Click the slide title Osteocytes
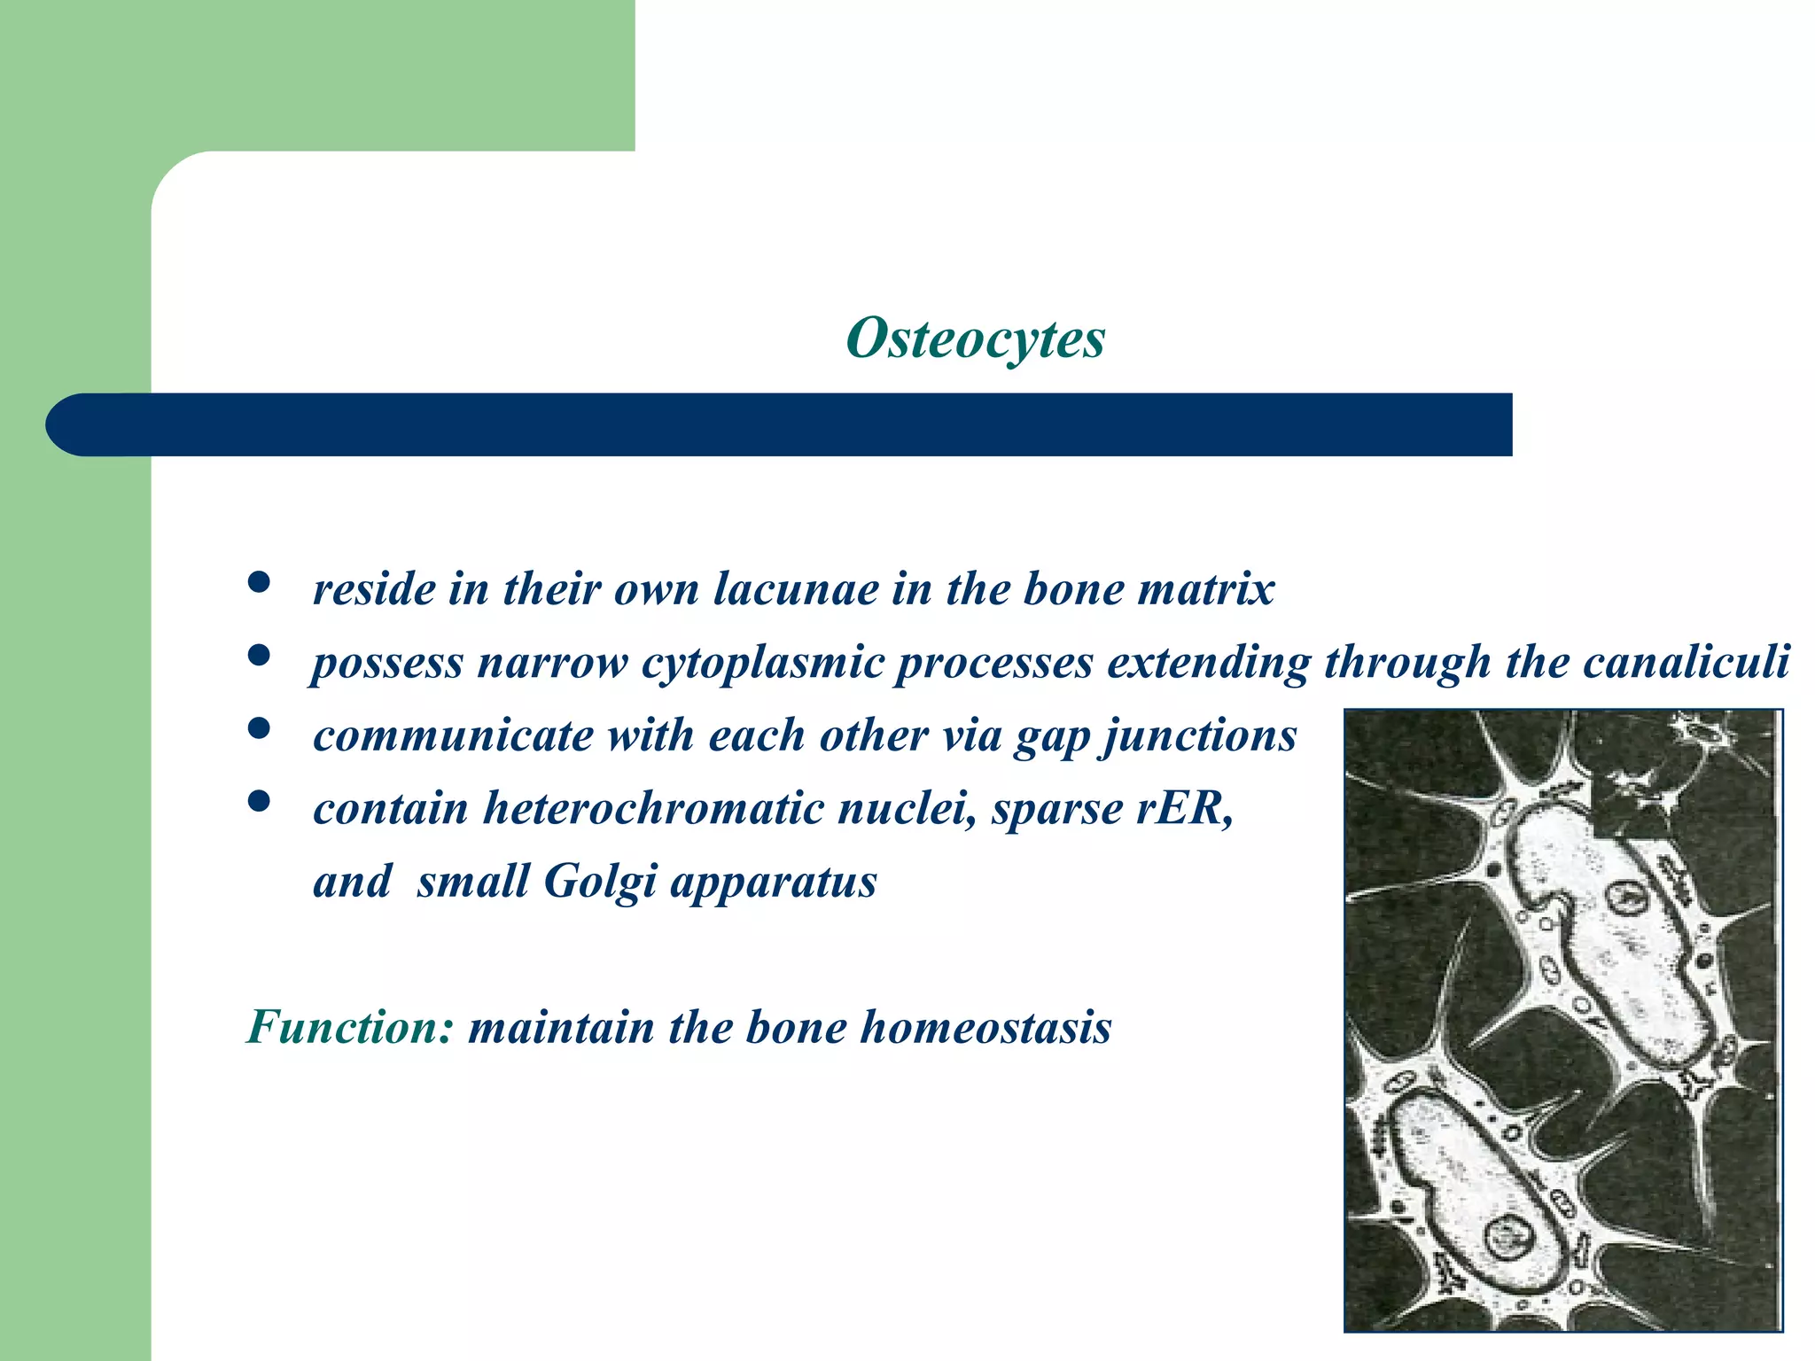click(x=976, y=338)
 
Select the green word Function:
click(x=350, y=1028)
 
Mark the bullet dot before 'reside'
click(x=259, y=583)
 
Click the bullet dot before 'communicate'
click(x=259, y=729)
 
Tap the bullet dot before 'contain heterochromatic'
click(x=259, y=802)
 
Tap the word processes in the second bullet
click(x=993, y=664)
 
